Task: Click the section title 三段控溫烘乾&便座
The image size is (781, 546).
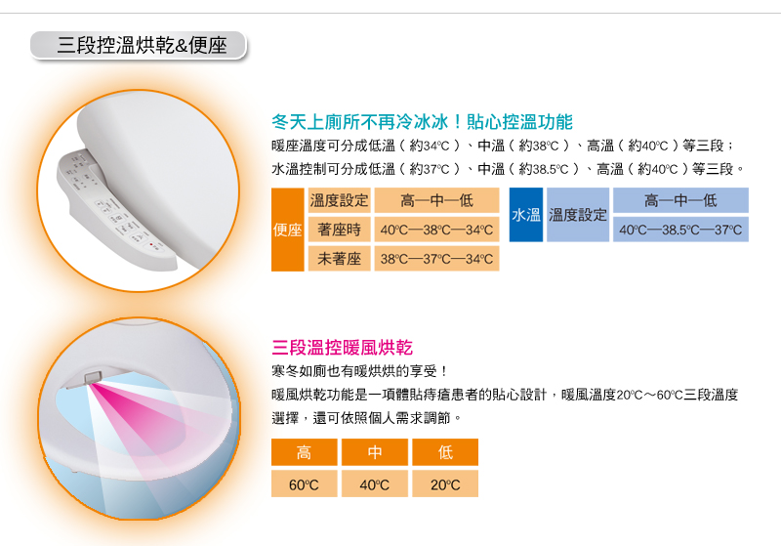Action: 142,45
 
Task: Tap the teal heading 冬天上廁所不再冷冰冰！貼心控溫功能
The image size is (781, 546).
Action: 422,121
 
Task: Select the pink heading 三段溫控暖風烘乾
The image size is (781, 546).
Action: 343,347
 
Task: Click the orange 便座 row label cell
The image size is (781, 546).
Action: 287,230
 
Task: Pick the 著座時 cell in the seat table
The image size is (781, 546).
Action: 339,230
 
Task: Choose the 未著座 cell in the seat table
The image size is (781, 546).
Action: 339,259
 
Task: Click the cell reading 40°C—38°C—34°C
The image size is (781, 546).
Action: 436,230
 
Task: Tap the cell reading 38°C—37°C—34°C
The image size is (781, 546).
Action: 436,259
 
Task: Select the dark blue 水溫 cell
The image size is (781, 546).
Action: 526,215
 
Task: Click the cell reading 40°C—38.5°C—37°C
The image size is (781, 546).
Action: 680,230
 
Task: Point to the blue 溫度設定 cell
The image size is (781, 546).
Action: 578,215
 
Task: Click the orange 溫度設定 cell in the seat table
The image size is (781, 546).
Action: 339,200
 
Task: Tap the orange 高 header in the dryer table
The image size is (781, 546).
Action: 304,452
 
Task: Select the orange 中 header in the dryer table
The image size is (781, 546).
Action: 375,452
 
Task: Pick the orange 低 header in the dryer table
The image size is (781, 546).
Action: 445,452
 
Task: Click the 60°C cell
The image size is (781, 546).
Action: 304,483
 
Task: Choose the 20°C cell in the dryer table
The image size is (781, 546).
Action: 445,483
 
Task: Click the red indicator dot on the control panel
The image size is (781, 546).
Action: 151,244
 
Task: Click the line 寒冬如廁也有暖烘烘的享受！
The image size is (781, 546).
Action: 359,371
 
